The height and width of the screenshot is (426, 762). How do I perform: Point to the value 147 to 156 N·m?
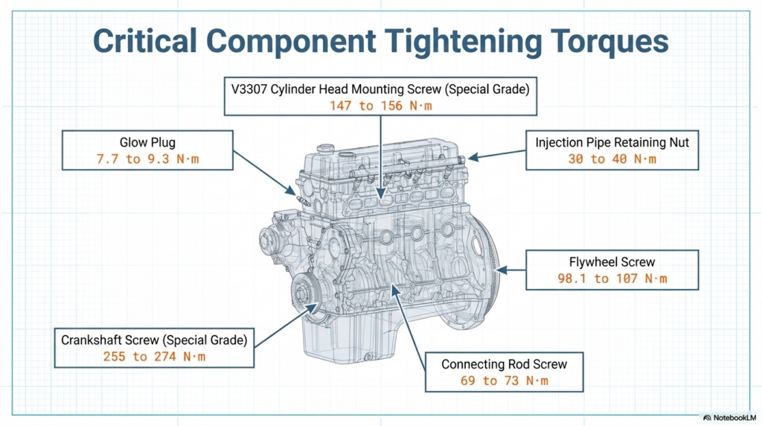click(380, 106)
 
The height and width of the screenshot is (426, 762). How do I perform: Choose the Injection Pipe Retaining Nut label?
click(612, 142)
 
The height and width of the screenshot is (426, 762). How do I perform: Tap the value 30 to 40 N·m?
click(612, 159)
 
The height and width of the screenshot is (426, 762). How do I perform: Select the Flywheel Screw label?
click(612, 261)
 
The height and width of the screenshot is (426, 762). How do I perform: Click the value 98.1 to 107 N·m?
click(612, 279)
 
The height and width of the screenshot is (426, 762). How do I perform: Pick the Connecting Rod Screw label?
click(504, 364)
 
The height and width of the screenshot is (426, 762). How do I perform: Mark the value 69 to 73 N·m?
click(504, 381)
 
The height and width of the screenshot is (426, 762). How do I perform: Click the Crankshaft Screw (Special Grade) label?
click(154, 340)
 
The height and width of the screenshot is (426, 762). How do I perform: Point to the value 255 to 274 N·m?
click(154, 357)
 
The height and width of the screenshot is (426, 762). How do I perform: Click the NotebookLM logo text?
click(729, 417)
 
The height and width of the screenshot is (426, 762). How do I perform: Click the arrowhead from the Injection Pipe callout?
click(470, 158)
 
